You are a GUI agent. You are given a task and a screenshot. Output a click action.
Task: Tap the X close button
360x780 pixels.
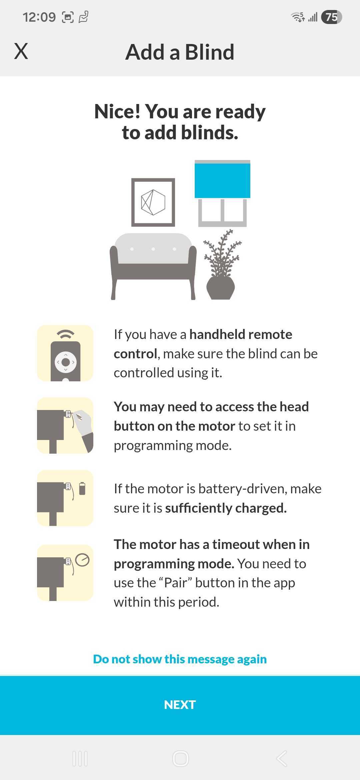21,51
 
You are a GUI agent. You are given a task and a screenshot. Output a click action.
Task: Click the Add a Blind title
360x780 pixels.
180,52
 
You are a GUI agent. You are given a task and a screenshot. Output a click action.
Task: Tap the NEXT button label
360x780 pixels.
180,705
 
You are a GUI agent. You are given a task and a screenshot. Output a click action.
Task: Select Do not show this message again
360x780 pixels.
180,659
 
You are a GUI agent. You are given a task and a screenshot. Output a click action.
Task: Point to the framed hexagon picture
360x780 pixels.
153,202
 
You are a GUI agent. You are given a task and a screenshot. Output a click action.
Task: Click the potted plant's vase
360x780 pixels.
221,288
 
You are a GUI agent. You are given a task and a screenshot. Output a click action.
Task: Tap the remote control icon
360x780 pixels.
65,353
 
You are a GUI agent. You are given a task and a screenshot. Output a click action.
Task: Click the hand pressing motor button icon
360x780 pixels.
65,426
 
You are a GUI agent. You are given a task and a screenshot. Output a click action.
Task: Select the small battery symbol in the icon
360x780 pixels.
82,488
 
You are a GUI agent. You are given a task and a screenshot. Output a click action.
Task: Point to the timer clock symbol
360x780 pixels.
82,560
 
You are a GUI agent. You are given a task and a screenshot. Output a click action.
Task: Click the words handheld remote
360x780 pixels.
241,334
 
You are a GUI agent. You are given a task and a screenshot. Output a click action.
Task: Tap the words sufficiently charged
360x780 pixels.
226,508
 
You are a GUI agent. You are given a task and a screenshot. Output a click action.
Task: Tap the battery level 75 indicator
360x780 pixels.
331,17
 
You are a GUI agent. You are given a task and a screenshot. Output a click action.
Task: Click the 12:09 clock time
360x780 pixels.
39,17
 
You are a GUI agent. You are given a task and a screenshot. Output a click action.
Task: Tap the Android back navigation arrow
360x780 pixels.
282,759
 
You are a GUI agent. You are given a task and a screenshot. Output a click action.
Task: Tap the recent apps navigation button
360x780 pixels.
80,759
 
